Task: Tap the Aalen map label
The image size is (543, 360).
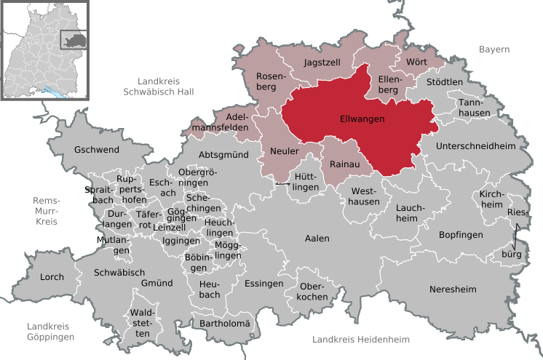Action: click(x=317, y=239)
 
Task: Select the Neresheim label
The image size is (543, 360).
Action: click(x=453, y=289)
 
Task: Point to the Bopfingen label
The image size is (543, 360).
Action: click(x=461, y=234)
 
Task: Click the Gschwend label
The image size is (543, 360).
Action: click(x=96, y=150)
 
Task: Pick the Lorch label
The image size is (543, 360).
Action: click(x=52, y=277)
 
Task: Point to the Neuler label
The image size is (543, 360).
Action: click(x=285, y=151)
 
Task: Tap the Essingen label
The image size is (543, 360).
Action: click(x=263, y=283)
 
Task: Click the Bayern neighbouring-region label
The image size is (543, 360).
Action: click(x=494, y=49)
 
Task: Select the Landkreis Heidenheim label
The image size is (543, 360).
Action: click(x=361, y=340)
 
